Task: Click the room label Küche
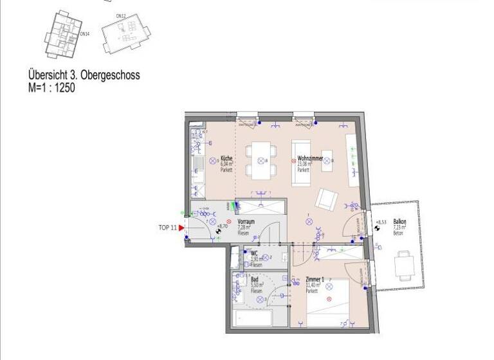point(226,158)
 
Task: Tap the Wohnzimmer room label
point(309,158)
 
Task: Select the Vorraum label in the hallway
point(246,221)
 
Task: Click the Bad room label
point(255,280)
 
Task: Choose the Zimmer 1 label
point(316,280)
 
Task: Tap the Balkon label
point(399,222)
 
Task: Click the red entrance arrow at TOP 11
point(181,228)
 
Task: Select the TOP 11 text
point(167,228)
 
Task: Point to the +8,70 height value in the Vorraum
point(223,226)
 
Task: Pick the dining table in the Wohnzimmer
point(260,160)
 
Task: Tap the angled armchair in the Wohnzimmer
point(325,201)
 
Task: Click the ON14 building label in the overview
point(84,35)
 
